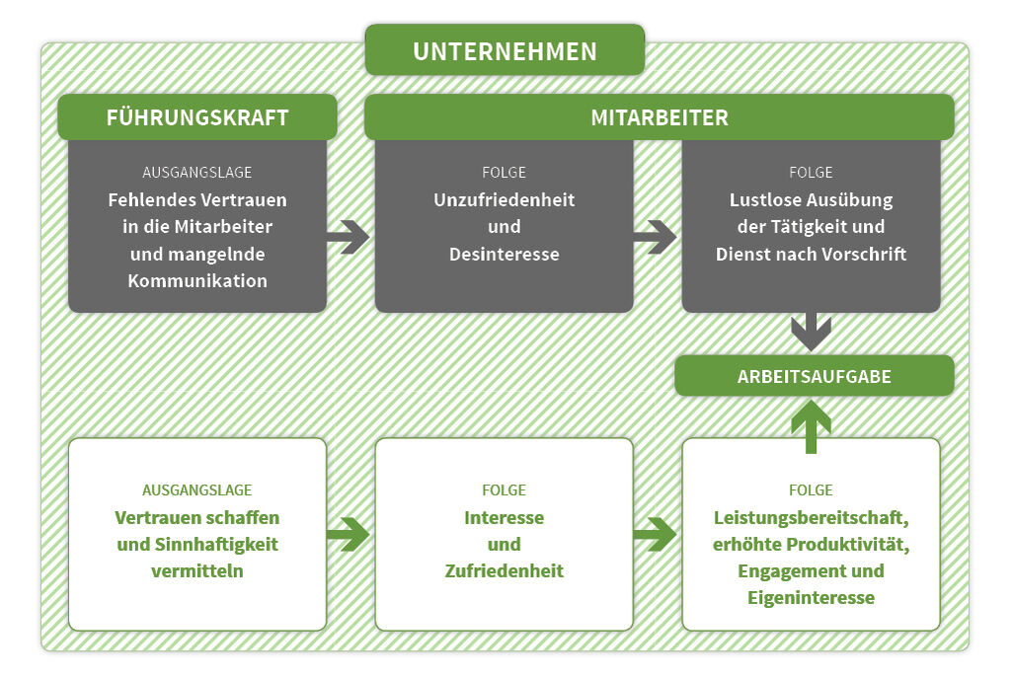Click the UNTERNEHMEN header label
[505, 51]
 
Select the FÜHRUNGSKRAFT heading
[197, 117]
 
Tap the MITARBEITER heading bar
[659, 117]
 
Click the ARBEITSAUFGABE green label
[815, 376]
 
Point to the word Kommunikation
[197, 280]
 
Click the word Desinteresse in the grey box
[505, 254]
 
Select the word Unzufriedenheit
[505, 200]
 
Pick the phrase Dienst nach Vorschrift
[812, 254]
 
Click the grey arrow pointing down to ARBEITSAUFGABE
[812, 332]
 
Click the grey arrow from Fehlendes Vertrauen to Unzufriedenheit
[349, 237]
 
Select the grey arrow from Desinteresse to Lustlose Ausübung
[656, 237]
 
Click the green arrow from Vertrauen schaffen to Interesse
[349, 534]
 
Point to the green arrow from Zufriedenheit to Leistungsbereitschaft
[656, 534]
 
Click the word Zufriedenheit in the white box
[505, 571]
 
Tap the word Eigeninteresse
[812, 598]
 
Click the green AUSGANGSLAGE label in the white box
[197, 490]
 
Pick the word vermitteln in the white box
[197, 571]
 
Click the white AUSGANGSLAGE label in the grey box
[197, 172]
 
